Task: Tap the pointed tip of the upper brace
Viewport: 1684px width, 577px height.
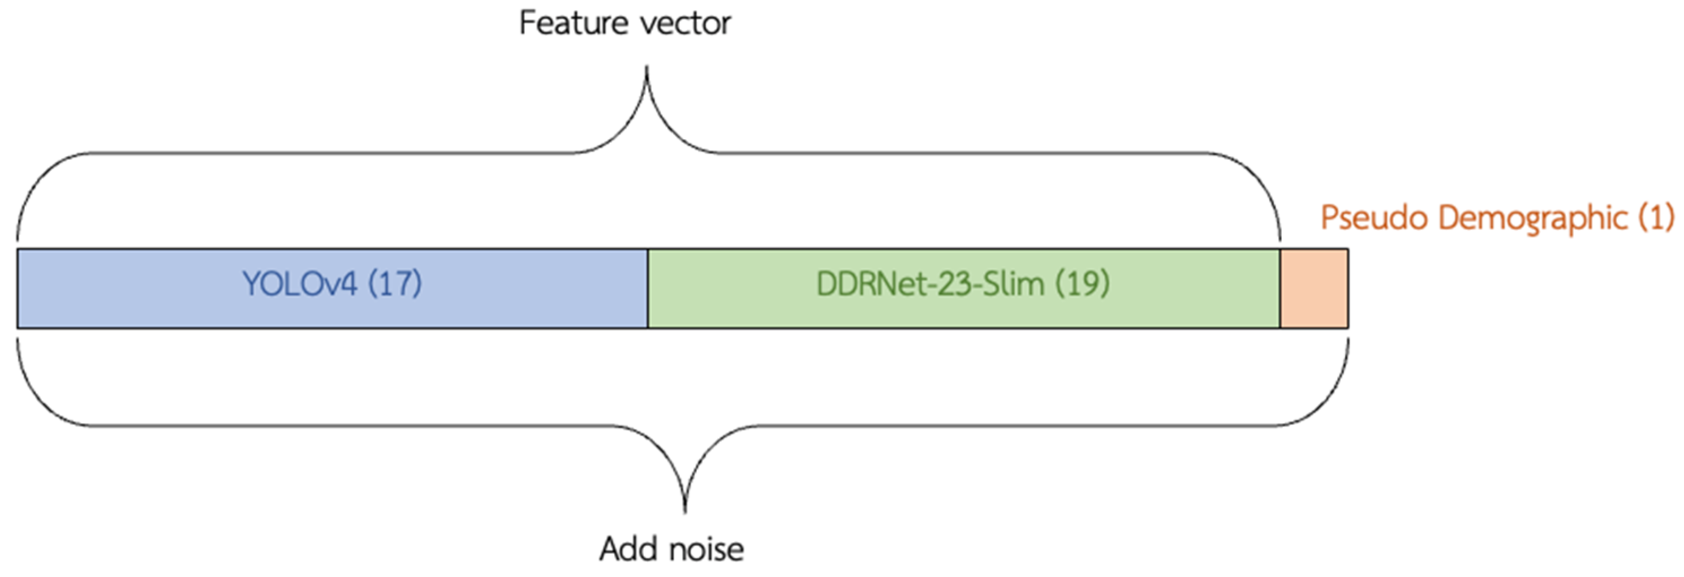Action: tap(647, 69)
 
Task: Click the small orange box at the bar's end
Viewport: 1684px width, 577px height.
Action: tap(1314, 288)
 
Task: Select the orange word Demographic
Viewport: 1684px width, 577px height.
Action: tap(1532, 218)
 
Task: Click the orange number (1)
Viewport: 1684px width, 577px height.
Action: tap(1656, 218)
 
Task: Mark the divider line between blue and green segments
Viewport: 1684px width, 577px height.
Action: tap(648, 288)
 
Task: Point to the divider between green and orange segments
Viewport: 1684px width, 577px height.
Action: tap(1280, 288)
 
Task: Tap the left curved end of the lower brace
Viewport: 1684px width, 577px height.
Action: tap(29, 386)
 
